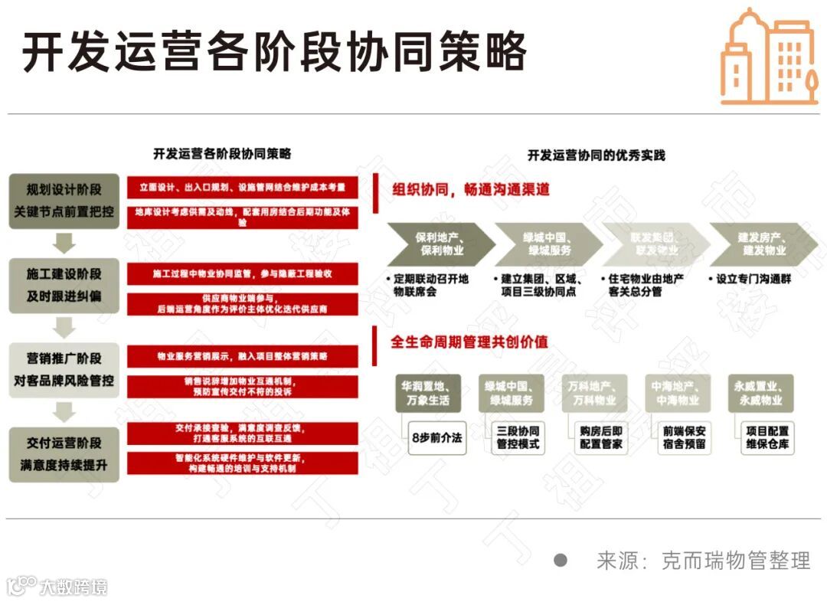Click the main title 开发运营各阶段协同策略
click(274, 53)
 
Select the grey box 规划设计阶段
click(64, 201)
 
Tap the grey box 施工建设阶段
click(64, 285)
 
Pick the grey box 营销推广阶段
click(64, 369)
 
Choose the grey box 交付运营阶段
click(64, 454)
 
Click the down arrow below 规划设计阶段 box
click(64, 244)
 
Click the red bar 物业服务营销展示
click(242, 356)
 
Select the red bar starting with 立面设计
click(242, 188)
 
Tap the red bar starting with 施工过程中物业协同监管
click(242, 273)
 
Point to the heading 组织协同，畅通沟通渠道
click(471, 190)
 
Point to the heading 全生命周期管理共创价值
click(469, 342)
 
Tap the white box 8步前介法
click(436, 438)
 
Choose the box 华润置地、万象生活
click(430, 393)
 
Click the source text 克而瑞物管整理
click(735, 561)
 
